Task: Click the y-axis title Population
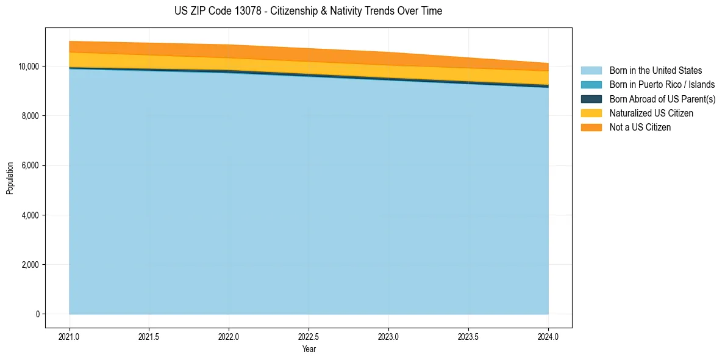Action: (10, 178)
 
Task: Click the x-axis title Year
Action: (309, 349)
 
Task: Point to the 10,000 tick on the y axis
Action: (28, 66)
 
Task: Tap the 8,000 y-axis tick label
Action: (30, 116)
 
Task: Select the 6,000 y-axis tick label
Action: (30, 165)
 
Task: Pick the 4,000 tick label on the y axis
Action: (30, 215)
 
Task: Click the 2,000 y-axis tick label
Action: (30, 265)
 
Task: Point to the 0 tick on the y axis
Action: (38, 314)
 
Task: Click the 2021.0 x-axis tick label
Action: (70, 336)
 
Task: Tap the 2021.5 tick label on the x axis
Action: (149, 336)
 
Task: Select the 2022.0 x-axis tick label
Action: (229, 336)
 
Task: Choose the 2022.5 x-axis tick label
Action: (309, 336)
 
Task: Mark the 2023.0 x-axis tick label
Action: (389, 336)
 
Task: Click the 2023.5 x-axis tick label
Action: (469, 336)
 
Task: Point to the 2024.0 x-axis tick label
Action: (549, 336)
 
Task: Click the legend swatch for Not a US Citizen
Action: (591, 128)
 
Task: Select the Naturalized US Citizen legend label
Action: (651, 113)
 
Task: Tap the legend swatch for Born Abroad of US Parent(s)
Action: (591, 99)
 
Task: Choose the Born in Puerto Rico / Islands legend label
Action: (662, 85)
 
